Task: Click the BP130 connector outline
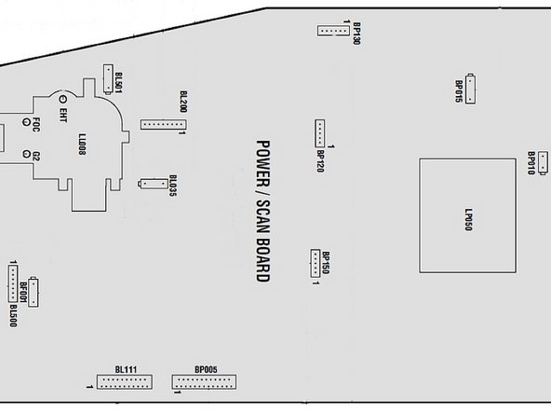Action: pos(333,31)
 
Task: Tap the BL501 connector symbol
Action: pos(108,79)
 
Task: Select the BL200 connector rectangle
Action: pos(164,124)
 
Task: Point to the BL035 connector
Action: pos(154,184)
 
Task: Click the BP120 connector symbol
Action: pos(320,133)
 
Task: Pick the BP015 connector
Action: pos(470,89)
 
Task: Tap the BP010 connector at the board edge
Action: pos(543,162)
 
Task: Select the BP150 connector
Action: pos(316,263)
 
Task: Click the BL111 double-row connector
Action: pos(125,382)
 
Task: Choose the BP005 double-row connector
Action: pos(204,382)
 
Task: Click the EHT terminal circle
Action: pos(63,100)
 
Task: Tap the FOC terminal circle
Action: pos(26,122)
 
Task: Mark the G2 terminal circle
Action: pos(26,154)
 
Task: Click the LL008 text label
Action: pos(82,145)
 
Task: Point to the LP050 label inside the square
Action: pos(468,220)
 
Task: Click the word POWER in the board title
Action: pos(263,164)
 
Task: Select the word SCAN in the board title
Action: pos(263,216)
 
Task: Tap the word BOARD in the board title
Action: pos(263,260)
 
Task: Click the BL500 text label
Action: pos(13,316)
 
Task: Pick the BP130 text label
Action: pos(356,34)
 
